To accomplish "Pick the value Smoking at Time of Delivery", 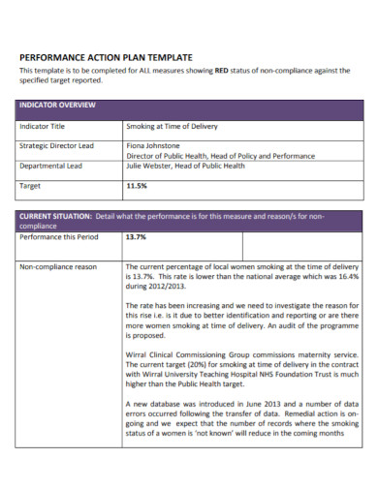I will coord(172,127).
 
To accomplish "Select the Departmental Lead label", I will coord(51,166).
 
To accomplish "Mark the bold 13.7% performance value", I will coord(137,235).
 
